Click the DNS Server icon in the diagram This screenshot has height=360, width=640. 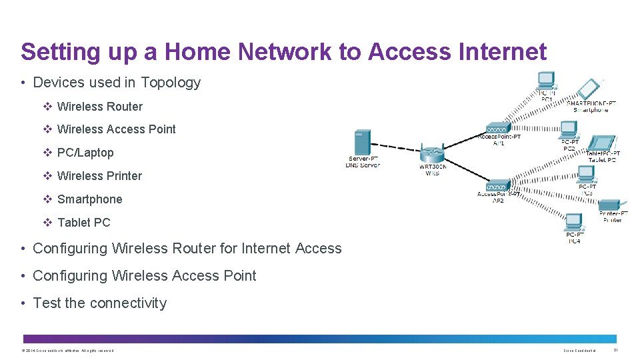pyautogui.click(x=363, y=142)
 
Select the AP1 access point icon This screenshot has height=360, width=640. pyautogui.click(x=498, y=127)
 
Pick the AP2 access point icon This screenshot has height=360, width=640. pyautogui.click(x=498, y=186)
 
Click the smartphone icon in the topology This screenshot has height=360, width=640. pyautogui.click(x=588, y=89)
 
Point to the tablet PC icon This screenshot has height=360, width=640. pyautogui.click(x=603, y=143)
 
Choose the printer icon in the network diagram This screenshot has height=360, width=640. pyautogui.click(x=609, y=205)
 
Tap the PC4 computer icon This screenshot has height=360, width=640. pyautogui.click(x=574, y=222)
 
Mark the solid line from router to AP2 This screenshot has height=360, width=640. pyautogui.click(x=467, y=171)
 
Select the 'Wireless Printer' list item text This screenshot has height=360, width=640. pyautogui.click(x=99, y=176)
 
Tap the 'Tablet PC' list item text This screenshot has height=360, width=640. pyautogui.click(x=83, y=223)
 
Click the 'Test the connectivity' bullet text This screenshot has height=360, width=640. pyautogui.click(x=99, y=303)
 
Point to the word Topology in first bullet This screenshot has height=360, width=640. pyautogui.click(x=170, y=83)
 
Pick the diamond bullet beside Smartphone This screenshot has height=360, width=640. pyautogui.click(x=47, y=199)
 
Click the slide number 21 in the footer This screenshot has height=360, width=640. pyautogui.click(x=615, y=350)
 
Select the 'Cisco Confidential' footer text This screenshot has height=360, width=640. pyautogui.click(x=579, y=350)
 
